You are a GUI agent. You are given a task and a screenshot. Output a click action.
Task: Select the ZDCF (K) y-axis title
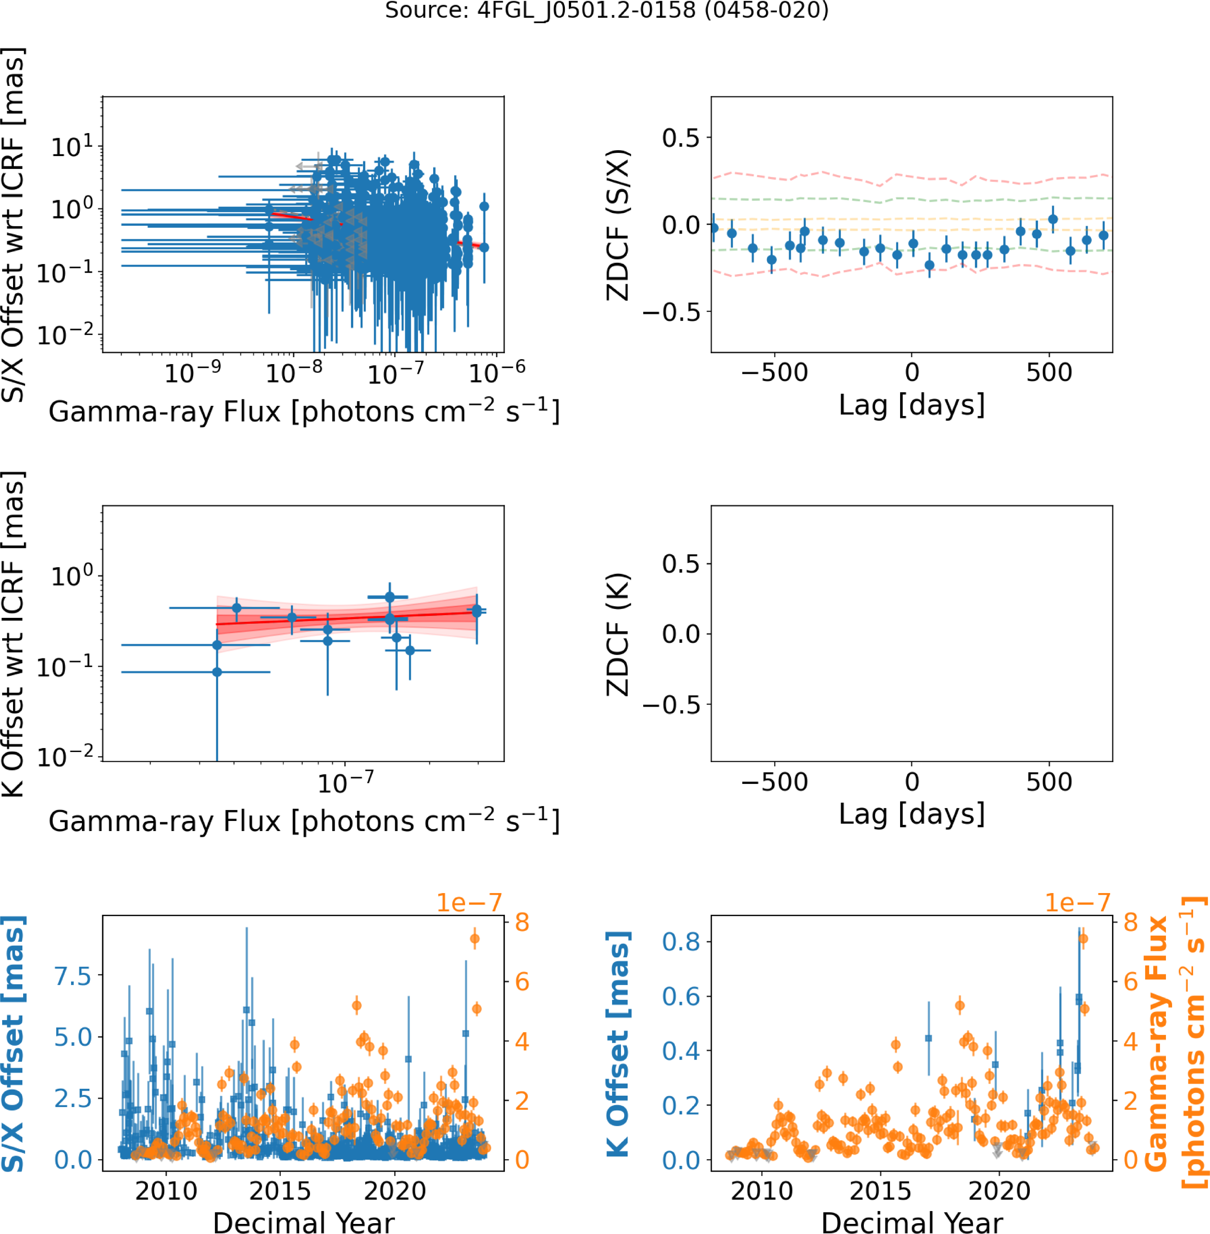(618, 634)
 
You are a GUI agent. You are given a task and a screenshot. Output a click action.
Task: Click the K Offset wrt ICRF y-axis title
(14, 634)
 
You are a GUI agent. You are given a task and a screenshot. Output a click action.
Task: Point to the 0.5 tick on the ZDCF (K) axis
(681, 564)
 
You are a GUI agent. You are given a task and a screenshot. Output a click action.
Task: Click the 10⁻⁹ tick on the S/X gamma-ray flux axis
(192, 372)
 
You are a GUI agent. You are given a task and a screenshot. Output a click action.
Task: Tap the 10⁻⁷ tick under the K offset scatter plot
(345, 782)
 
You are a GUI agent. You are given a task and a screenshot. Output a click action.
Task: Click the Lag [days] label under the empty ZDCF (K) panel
(912, 814)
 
